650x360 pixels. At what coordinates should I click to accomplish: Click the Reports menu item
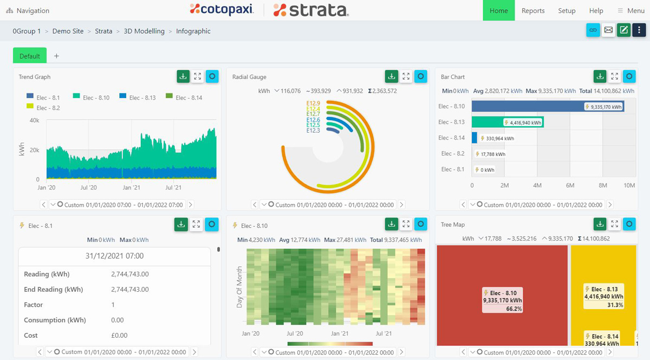(533, 11)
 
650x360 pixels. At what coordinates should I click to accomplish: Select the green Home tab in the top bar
(498, 11)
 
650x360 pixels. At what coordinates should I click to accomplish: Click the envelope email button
(608, 30)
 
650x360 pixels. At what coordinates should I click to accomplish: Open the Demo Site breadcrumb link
(68, 31)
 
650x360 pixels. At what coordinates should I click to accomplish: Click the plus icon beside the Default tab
(56, 56)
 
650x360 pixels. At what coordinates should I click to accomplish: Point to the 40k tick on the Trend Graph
(34, 120)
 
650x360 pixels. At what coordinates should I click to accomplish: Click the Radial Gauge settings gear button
(421, 76)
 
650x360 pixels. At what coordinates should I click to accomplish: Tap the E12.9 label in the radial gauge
(313, 103)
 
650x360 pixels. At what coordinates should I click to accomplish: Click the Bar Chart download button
(600, 76)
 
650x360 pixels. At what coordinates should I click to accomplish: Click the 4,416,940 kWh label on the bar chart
(523, 123)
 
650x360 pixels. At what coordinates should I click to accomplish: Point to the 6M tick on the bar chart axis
(570, 186)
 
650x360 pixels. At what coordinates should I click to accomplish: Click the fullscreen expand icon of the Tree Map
(614, 224)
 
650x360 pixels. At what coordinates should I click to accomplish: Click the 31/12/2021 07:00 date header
(114, 256)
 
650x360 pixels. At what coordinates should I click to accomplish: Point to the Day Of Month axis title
(239, 287)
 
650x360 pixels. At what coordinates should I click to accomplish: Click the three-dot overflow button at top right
(639, 30)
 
